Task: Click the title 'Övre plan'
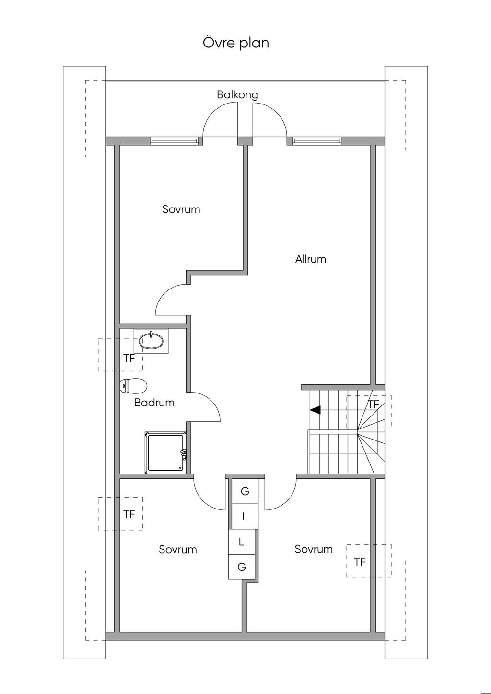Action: click(235, 43)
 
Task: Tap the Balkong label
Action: click(237, 94)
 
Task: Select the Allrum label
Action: click(311, 259)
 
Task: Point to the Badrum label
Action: click(154, 403)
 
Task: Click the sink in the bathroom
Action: click(151, 341)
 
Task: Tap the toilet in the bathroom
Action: click(133, 386)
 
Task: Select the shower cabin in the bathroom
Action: click(165, 452)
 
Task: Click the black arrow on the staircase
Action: click(315, 410)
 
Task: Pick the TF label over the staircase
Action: click(373, 405)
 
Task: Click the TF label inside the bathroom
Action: click(129, 359)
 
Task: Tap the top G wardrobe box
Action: click(245, 491)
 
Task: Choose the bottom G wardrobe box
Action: click(242, 567)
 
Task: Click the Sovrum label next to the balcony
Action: click(181, 209)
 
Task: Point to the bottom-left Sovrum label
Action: click(177, 549)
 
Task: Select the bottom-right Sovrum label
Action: click(314, 549)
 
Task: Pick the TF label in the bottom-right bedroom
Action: click(360, 562)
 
